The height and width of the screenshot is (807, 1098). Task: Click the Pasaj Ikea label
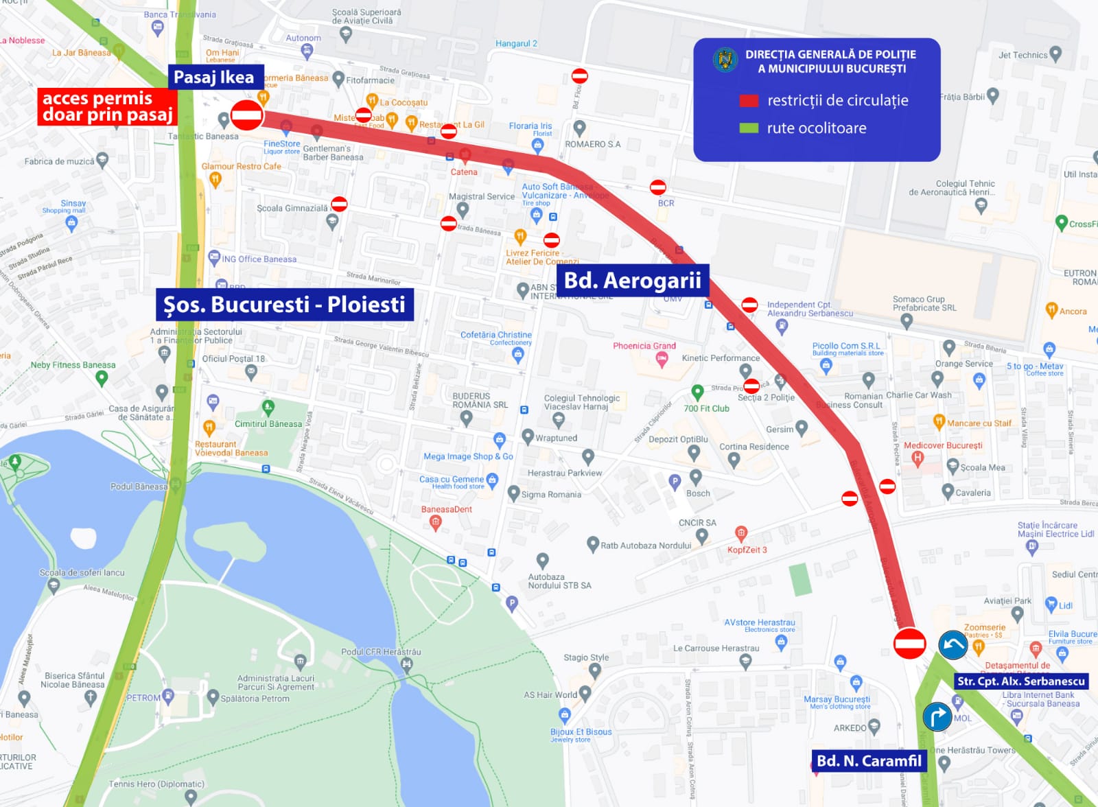tap(213, 77)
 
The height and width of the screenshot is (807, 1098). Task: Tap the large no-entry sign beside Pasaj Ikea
tap(246, 115)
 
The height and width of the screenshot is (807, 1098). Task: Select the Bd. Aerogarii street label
tap(632, 280)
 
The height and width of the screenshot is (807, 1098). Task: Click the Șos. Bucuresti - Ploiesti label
tap(284, 304)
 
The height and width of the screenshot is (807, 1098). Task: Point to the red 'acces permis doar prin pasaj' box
tap(107, 106)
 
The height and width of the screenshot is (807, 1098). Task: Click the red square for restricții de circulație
tap(749, 101)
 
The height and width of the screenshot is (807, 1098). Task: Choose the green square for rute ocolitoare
tap(749, 128)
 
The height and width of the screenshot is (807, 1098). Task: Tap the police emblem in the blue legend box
tap(725, 60)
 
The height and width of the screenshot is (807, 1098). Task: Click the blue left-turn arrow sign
tap(953, 645)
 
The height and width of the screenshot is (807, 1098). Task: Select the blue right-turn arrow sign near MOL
tap(937, 716)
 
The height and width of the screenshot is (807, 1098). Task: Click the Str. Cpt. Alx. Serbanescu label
tap(1021, 681)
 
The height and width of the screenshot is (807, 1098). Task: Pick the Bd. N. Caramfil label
tap(869, 760)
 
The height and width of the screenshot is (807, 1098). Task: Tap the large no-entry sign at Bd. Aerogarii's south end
tap(910, 644)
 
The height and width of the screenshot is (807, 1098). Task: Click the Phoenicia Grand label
tap(644, 346)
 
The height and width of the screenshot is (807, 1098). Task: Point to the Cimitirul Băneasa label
tap(268, 423)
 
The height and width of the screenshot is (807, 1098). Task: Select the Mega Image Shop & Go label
tap(468, 456)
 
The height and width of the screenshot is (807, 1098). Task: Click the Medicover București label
tap(943, 445)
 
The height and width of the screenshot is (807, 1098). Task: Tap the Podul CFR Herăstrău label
tap(381, 651)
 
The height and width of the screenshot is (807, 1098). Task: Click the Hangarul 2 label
tap(516, 43)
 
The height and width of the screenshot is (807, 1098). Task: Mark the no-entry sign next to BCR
tap(657, 187)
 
